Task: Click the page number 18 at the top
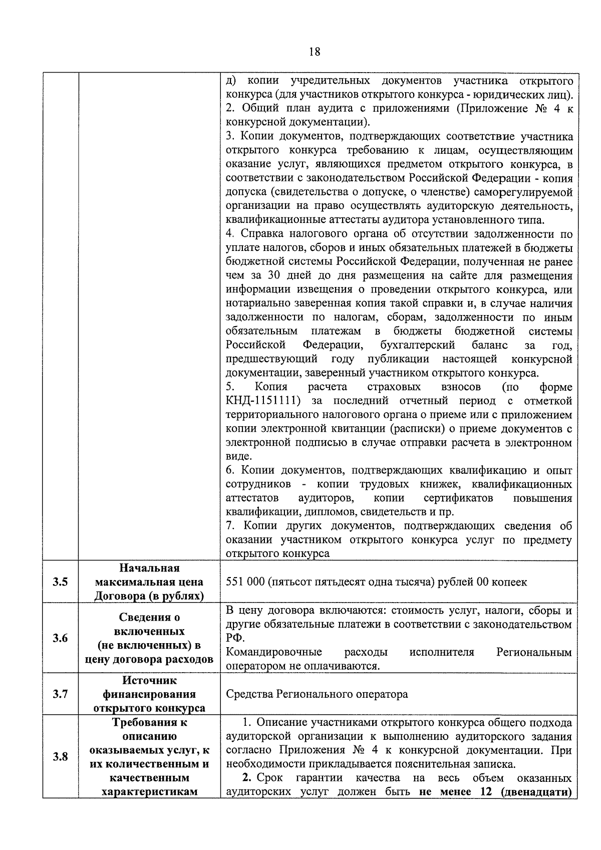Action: click(315, 52)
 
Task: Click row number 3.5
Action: click(60, 582)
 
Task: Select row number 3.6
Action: click(60, 638)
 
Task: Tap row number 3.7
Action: click(60, 694)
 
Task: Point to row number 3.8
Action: click(60, 757)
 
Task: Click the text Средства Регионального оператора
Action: click(317, 694)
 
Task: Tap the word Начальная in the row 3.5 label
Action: click(149, 568)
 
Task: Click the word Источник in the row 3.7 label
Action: click(149, 681)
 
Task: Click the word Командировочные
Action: click(273, 652)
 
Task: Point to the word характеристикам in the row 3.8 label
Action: click(149, 792)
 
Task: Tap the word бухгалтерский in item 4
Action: click(417, 345)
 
